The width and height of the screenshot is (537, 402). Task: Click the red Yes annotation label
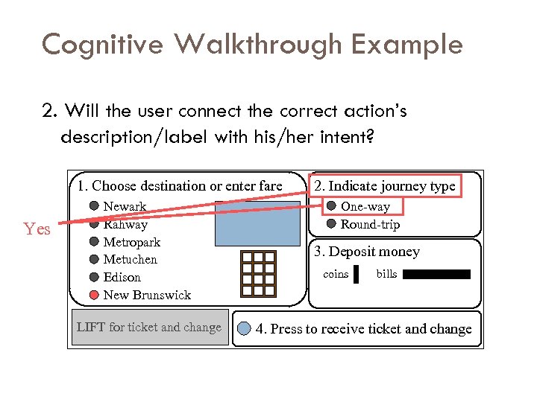[37, 229]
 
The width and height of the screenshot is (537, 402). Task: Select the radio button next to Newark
[95, 206]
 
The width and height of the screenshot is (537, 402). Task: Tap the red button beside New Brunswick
[95, 295]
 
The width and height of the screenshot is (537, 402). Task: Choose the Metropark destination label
[131, 242]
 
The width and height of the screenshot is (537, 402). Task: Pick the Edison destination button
[95, 277]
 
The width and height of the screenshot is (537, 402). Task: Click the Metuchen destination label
[130, 260]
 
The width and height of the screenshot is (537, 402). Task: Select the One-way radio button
[331, 207]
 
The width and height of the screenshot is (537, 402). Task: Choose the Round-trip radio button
[331, 224]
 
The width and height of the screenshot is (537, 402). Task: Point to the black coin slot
[357, 275]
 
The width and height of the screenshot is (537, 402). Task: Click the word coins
[336, 275]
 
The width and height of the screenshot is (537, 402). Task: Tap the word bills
[386, 275]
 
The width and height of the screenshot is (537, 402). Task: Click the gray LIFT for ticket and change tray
[149, 328]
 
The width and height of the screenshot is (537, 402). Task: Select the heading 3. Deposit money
[366, 252]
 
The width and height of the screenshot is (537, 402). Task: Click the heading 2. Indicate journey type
[384, 186]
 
